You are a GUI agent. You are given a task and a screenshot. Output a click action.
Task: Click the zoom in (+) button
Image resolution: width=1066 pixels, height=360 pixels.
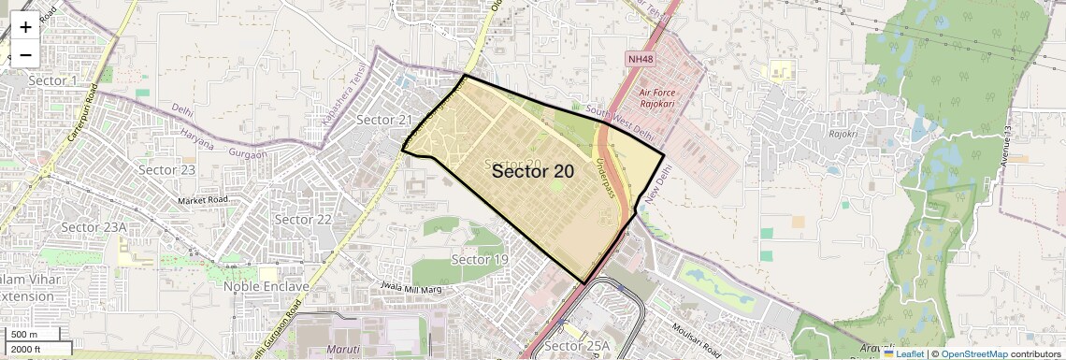pos(25,27)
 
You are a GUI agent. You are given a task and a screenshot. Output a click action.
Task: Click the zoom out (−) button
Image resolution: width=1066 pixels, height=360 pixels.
pos(25,55)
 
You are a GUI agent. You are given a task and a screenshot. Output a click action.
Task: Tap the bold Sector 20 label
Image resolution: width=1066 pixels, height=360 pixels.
pos(532,171)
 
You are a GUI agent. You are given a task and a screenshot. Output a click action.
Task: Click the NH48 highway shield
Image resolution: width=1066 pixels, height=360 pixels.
pos(641,60)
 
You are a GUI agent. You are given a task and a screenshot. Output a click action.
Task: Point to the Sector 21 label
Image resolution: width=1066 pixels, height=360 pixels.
pos(384,120)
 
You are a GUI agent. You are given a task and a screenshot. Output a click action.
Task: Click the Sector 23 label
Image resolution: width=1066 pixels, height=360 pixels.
pos(166,169)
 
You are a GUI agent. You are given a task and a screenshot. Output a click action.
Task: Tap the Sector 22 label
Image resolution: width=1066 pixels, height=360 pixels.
pos(303,219)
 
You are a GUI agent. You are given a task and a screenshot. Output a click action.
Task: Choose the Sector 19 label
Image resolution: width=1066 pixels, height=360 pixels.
pos(479,259)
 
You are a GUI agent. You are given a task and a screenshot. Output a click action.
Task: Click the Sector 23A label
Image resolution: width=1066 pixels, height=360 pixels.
pos(94,227)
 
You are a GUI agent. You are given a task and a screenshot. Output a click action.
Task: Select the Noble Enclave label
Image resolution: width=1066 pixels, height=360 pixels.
pos(266,286)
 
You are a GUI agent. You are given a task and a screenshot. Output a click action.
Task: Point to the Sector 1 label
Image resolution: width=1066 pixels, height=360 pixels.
pos(52,80)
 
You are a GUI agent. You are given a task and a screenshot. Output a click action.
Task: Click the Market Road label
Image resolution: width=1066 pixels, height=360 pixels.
pos(204,200)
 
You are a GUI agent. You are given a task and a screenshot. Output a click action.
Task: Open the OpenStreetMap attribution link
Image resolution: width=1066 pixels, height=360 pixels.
pos(974,354)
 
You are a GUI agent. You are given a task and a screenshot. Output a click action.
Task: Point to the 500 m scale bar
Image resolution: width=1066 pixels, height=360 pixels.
pos(25,335)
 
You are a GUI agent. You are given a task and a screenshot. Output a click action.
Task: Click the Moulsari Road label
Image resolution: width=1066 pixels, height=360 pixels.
pos(700,334)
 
